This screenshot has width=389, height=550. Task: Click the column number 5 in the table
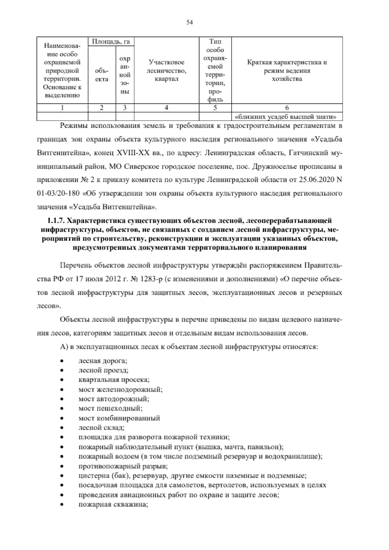point(215,108)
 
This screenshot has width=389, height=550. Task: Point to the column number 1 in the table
point(62,108)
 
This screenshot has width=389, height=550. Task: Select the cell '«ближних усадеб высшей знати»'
point(287,116)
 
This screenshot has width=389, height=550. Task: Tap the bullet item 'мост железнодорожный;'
point(121,389)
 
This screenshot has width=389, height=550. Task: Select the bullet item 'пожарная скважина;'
point(113,505)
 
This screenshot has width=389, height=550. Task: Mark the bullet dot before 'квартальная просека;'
point(61,380)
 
